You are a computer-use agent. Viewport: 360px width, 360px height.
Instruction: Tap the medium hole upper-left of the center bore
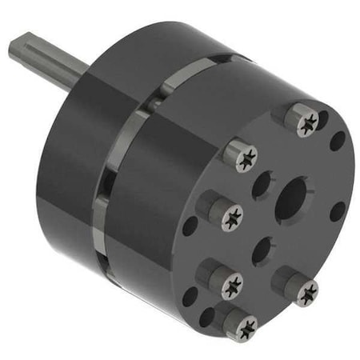262,186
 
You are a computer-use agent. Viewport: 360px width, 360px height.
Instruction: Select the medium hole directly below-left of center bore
262,250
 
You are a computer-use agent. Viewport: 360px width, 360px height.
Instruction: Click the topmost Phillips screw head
307,122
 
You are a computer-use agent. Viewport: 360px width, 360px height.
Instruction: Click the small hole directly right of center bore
338,211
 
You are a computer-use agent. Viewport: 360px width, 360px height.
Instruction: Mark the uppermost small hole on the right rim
338,142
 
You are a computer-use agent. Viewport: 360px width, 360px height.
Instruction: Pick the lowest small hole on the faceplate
207,317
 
